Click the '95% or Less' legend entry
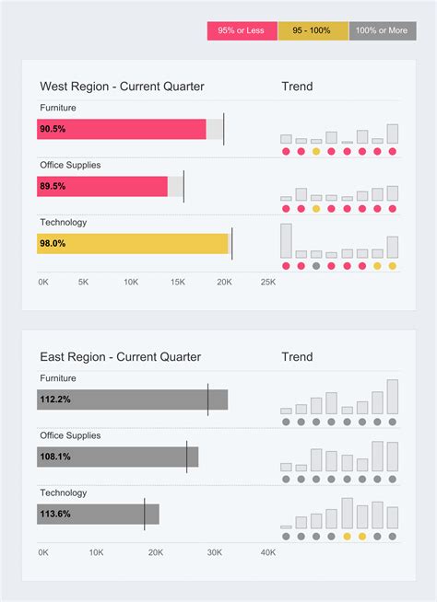pyautogui.click(x=241, y=30)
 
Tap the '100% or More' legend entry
pyautogui.click(x=383, y=30)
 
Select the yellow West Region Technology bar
pyautogui.click(x=133, y=243)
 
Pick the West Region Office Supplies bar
pyautogui.click(x=102, y=186)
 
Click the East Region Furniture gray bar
pyautogui.click(x=132, y=399)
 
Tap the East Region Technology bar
pyautogui.click(x=98, y=514)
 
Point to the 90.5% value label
pyautogui.click(x=53, y=129)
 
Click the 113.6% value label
pyautogui.click(x=55, y=514)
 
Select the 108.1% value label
pyautogui.click(x=55, y=457)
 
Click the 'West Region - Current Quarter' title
pyautogui.click(x=122, y=87)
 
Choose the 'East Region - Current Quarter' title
pyautogui.click(x=120, y=357)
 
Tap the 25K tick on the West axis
pyautogui.click(x=267, y=282)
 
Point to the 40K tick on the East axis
pyautogui.click(x=267, y=552)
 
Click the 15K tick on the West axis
pyautogui.click(x=176, y=282)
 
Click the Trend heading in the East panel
pyautogui.click(x=297, y=357)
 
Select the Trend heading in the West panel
pyautogui.click(x=297, y=87)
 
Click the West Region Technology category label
pyautogui.click(x=64, y=222)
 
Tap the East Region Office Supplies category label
pyautogui.click(x=70, y=435)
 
